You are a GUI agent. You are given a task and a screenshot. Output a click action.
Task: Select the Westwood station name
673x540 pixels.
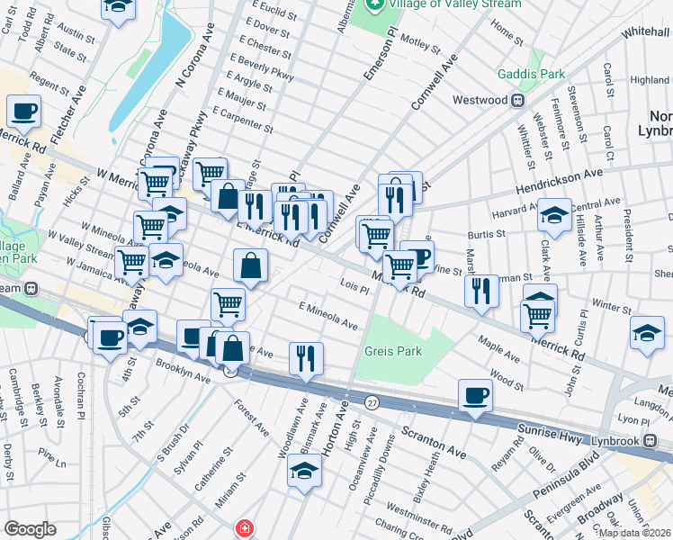(480, 100)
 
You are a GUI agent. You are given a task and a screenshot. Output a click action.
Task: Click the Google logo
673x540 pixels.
(29, 529)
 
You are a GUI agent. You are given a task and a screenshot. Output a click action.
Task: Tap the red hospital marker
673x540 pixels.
(242, 528)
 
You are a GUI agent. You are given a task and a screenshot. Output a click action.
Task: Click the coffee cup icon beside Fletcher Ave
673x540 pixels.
(23, 112)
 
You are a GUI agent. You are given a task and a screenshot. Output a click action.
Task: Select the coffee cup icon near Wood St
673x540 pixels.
(475, 394)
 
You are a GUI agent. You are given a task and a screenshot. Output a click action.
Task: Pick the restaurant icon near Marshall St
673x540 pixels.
(481, 290)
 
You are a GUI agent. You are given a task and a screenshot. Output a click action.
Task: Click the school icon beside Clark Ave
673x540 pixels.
(554, 216)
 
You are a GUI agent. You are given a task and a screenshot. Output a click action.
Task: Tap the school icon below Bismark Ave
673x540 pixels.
(305, 471)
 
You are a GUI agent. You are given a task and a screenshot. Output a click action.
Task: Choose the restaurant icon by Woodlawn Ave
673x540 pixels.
(306, 357)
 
